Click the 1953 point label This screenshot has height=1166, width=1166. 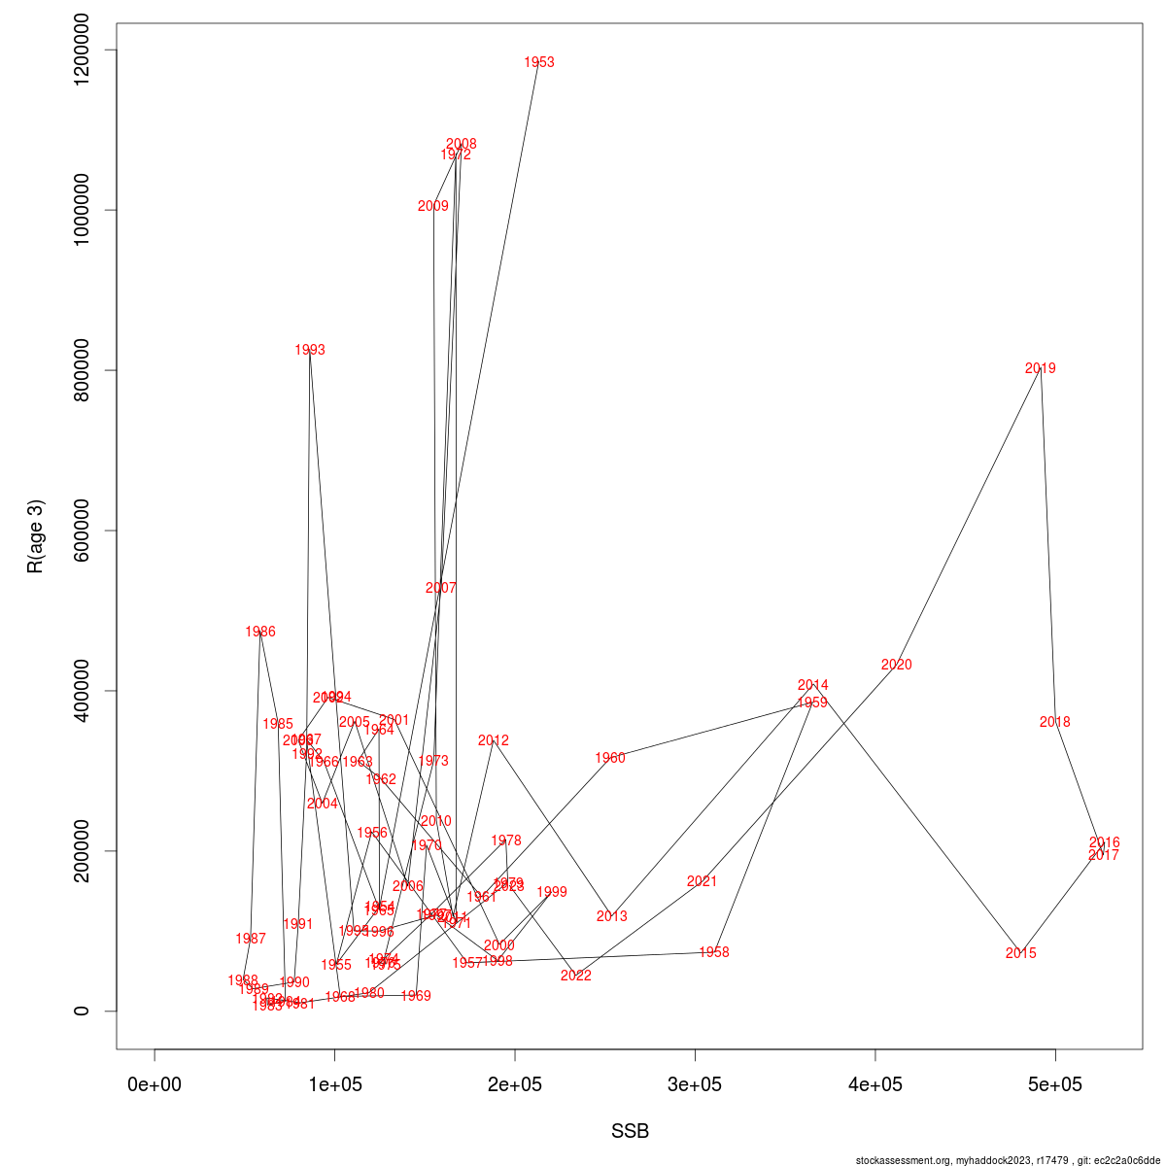pyautogui.click(x=539, y=62)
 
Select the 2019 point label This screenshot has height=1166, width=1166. pyautogui.click(x=1040, y=368)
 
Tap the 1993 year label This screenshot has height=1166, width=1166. pyautogui.click(x=310, y=350)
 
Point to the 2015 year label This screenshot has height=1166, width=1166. pyautogui.click(x=1020, y=953)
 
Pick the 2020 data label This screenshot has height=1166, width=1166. pyautogui.click(x=896, y=665)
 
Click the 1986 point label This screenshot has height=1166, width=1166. pyautogui.click(x=260, y=632)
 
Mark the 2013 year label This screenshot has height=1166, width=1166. pyautogui.click(x=611, y=916)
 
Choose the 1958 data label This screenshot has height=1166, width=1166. pyautogui.click(x=713, y=952)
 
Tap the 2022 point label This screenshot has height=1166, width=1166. pyautogui.click(x=575, y=976)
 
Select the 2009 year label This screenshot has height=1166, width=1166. pyautogui.click(x=433, y=206)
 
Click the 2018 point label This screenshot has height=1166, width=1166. pyautogui.click(x=1054, y=722)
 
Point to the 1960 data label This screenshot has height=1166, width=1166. pyautogui.click(x=610, y=758)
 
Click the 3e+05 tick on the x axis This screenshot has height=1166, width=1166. pyautogui.click(x=695, y=1084)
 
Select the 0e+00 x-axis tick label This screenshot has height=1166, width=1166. pyautogui.click(x=154, y=1084)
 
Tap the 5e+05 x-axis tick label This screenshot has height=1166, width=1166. pyautogui.click(x=1055, y=1084)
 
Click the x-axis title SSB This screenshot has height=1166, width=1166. pyautogui.click(x=630, y=1131)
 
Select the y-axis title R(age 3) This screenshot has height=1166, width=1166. pyautogui.click(x=36, y=536)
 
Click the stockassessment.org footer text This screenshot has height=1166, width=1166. pyautogui.click(x=1008, y=1160)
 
